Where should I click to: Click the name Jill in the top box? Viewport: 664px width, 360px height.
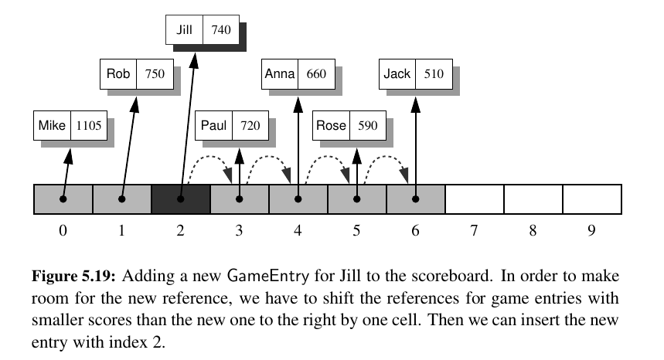(184, 32)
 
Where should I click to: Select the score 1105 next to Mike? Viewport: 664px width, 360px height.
(88, 126)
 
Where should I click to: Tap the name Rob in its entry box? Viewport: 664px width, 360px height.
(118, 75)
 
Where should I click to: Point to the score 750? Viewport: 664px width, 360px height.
(155, 75)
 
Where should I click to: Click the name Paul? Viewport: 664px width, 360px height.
(213, 126)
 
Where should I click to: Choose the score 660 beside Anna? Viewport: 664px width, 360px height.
(316, 75)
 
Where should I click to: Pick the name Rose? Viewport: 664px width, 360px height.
(332, 126)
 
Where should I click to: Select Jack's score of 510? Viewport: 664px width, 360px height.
(434, 75)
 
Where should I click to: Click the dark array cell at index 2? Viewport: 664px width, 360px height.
(181, 199)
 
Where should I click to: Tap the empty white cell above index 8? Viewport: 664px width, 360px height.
(533, 199)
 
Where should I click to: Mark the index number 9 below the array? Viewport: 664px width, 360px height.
(591, 230)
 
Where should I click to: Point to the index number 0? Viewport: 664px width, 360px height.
(63, 230)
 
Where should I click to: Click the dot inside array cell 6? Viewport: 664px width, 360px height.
(415, 199)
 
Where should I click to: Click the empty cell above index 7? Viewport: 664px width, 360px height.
(474, 199)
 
